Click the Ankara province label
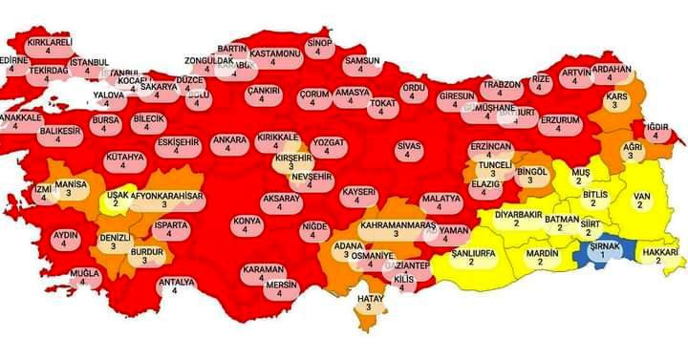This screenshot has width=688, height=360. [228, 144]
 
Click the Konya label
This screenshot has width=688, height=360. [246, 226]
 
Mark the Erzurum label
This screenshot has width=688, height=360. [560, 124]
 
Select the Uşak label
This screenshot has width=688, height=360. [119, 199]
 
